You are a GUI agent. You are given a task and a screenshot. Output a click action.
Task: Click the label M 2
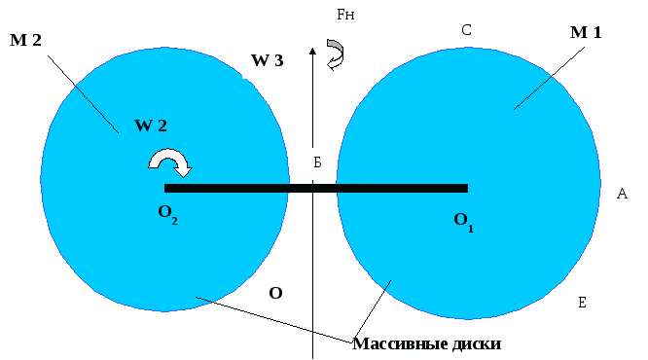pyautogui.click(x=25, y=40)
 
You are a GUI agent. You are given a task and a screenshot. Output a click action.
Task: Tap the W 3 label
pyautogui.click(x=268, y=61)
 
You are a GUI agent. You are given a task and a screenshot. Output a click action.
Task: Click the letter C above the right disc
pyautogui.click(x=467, y=30)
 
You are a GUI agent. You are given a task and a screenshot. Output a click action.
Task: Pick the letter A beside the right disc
pyautogui.click(x=622, y=194)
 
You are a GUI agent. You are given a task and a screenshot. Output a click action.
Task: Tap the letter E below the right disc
pyautogui.click(x=581, y=304)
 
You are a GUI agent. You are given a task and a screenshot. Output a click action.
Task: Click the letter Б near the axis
pyautogui.click(x=316, y=162)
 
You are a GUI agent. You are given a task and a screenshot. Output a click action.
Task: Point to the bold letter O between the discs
pyautogui.click(x=276, y=292)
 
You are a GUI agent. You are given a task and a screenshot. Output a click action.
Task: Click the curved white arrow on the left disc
pyautogui.click(x=168, y=162)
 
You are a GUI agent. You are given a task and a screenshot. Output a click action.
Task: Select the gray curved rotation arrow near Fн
pyautogui.click(x=336, y=53)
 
